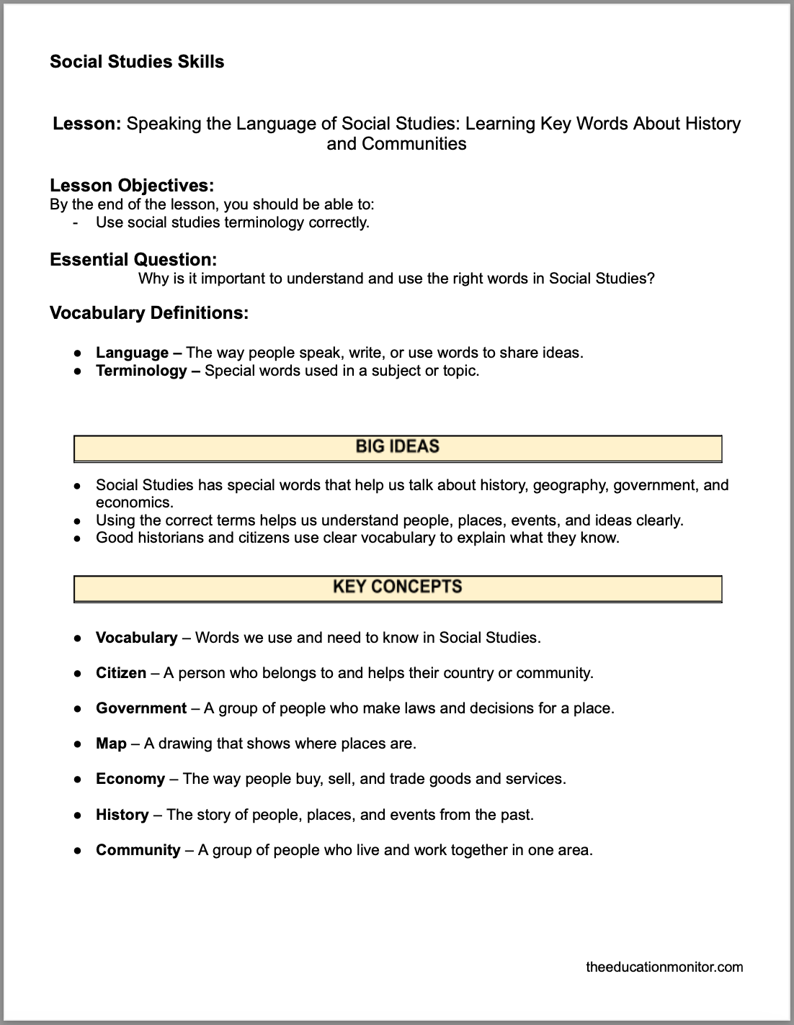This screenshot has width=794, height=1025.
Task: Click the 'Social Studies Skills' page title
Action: (137, 62)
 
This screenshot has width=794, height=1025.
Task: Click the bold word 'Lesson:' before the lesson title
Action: (86, 124)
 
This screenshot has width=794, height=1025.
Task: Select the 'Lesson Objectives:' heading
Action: (132, 185)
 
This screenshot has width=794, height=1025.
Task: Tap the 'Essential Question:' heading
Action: (133, 259)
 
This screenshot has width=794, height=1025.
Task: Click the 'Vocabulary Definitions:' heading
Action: (149, 313)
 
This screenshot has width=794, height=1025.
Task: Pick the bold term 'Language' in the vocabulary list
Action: (132, 353)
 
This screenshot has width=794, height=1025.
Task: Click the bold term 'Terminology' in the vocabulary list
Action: (141, 371)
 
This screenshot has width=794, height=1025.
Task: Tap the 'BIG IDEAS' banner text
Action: (397, 447)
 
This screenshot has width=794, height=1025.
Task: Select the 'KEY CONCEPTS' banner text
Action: (397, 587)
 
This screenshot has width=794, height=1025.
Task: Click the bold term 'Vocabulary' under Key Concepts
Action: (136, 638)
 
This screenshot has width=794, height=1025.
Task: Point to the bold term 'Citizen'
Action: (121, 673)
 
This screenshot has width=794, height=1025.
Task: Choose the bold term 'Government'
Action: (141, 708)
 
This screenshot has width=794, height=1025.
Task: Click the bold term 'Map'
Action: (111, 744)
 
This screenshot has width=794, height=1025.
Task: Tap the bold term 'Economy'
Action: (130, 779)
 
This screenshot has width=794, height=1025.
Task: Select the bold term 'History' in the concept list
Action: (122, 815)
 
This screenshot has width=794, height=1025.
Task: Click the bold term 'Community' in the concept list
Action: (138, 850)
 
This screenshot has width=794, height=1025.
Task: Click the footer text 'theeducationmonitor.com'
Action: (664, 967)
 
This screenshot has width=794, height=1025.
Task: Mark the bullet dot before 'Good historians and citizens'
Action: (76, 538)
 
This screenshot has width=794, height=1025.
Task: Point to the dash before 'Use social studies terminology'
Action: (76, 222)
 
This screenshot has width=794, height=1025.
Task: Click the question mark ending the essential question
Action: (651, 279)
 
